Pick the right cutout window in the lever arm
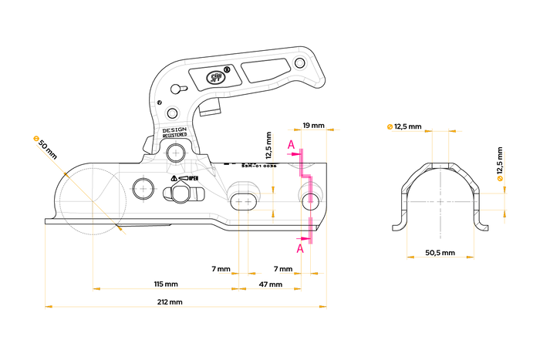tap(262, 70)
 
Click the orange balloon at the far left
tap(35, 139)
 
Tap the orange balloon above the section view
tap(390, 126)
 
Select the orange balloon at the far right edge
tap(500, 179)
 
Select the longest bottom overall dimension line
tap(185, 307)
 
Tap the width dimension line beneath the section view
tap(440, 257)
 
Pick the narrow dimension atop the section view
tap(440, 130)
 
